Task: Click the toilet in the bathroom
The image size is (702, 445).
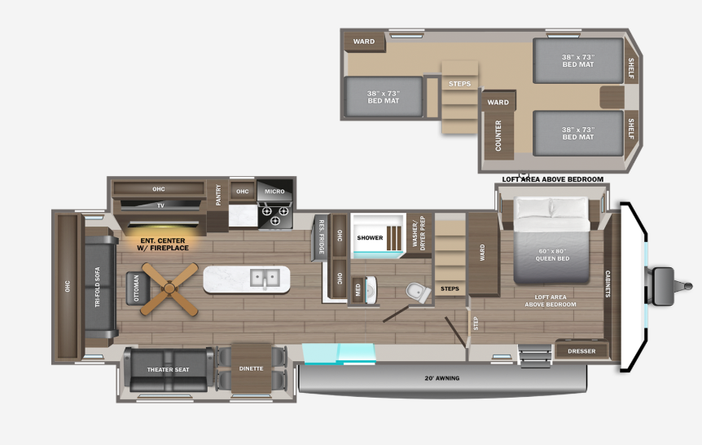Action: point(418,293)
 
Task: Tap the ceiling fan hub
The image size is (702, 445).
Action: point(169,289)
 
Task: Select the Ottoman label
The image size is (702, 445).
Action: point(137,289)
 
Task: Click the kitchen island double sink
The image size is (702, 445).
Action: point(265,278)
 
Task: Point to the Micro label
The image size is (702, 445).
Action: point(274,192)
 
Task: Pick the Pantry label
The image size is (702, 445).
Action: point(218,196)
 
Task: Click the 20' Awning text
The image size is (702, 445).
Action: point(442,378)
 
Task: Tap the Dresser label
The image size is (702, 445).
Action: point(581,351)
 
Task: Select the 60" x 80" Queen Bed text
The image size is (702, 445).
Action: point(552,254)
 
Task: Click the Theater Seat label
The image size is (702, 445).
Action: point(168,370)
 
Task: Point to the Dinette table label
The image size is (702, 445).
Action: point(251,368)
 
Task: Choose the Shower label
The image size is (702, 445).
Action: point(370,237)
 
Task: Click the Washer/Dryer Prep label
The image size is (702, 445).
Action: point(419,233)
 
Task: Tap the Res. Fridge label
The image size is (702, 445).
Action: point(322,237)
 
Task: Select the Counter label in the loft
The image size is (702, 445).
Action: point(498,135)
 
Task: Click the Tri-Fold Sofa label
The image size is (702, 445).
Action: point(97,287)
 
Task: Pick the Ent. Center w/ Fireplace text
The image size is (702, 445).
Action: point(163,245)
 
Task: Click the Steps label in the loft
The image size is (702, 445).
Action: point(460,84)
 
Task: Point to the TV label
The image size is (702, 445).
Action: point(160,205)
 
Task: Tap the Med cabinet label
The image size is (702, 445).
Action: point(358,290)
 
